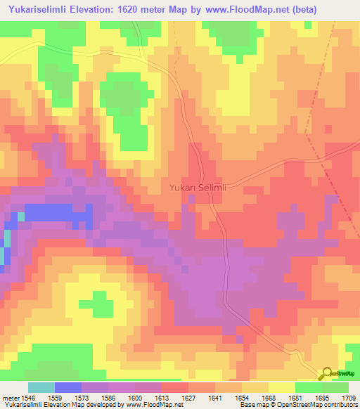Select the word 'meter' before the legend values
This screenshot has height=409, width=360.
[x=9, y=397]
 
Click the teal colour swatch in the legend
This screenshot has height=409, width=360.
[x=41, y=387]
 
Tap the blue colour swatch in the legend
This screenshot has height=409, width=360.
[x=68, y=387]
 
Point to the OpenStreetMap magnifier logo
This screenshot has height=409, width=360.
[x=327, y=373]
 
